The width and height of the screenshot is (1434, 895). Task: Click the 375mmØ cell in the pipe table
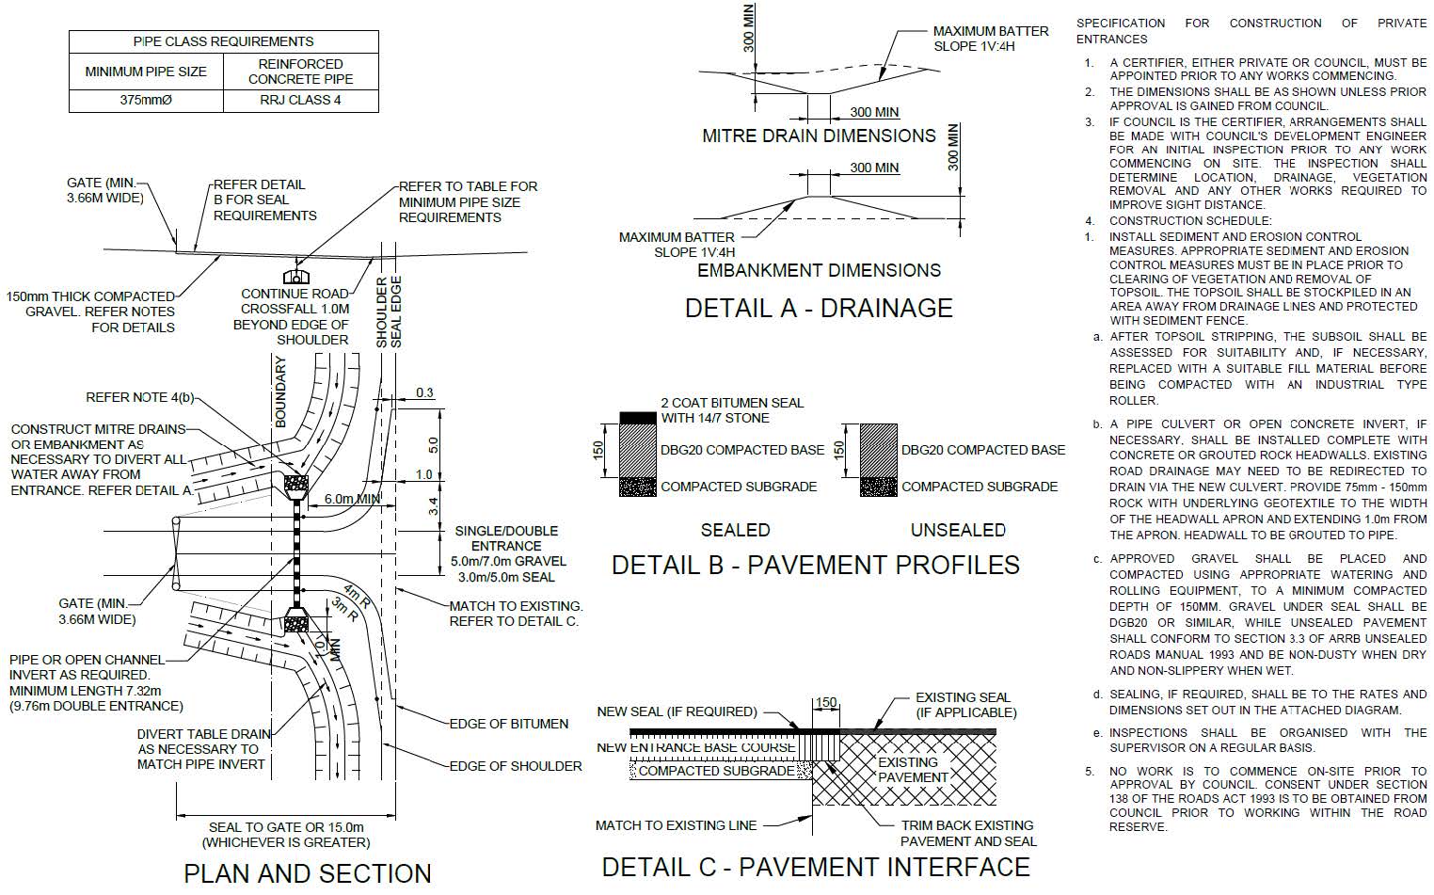(x=146, y=100)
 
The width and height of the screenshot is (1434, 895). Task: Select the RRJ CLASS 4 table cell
(x=300, y=100)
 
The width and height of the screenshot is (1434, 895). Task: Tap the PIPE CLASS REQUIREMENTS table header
(x=223, y=41)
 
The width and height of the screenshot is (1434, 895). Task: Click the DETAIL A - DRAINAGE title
(x=818, y=308)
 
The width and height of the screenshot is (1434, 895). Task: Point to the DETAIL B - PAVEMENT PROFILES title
(x=815, y=565)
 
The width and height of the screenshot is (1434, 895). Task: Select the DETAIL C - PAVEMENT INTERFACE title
(x=815, y=866)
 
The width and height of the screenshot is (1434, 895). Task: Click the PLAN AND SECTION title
(x=307, y=873)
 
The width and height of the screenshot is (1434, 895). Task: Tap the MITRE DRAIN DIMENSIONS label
(x=819, y=136)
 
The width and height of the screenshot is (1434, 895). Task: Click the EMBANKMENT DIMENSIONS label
(x=819, y=270)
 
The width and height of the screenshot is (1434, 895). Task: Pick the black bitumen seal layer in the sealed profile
(x=636, y=416)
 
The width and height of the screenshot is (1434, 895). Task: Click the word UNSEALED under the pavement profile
(x=958, y=530)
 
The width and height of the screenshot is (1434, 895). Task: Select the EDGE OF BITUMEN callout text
(x=508, y=724)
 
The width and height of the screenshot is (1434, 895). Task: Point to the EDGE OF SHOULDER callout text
(x=515, y=766)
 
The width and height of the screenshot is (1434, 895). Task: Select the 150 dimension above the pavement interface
(x=825, y=703)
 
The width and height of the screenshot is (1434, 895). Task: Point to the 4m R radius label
(x=357, y=596)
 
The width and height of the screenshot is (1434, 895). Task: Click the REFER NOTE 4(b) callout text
(x=139, y=397)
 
